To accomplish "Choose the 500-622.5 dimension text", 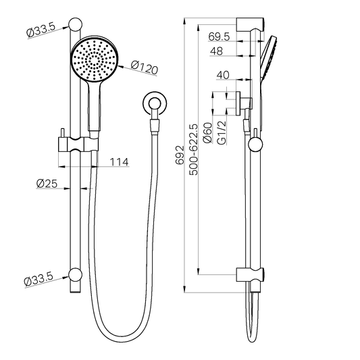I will (x=195, y=150).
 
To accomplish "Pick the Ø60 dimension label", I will (x=208, y=132).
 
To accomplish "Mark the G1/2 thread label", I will (x=222, y=132).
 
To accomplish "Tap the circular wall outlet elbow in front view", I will (x=155, y=105).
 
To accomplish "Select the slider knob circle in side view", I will (x=255, y=143).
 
